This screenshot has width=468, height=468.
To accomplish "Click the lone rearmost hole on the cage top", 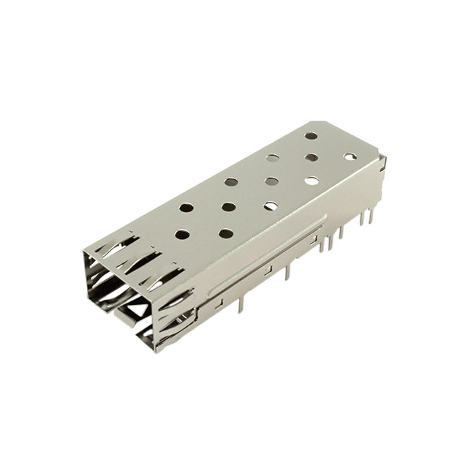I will tap(312, 135).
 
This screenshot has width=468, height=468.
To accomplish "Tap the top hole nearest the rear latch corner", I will tap(350, 156).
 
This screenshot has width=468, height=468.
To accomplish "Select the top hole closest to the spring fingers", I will tap(182, 235).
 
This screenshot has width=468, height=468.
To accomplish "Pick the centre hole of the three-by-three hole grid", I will tap(271, 181).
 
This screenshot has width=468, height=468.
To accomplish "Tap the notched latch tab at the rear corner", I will tap(382, 162).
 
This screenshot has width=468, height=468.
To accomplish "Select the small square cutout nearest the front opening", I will tap(219, 301).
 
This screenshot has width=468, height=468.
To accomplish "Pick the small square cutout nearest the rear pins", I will tap(314, 240).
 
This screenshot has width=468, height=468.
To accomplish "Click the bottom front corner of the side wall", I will tap(156, 350).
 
